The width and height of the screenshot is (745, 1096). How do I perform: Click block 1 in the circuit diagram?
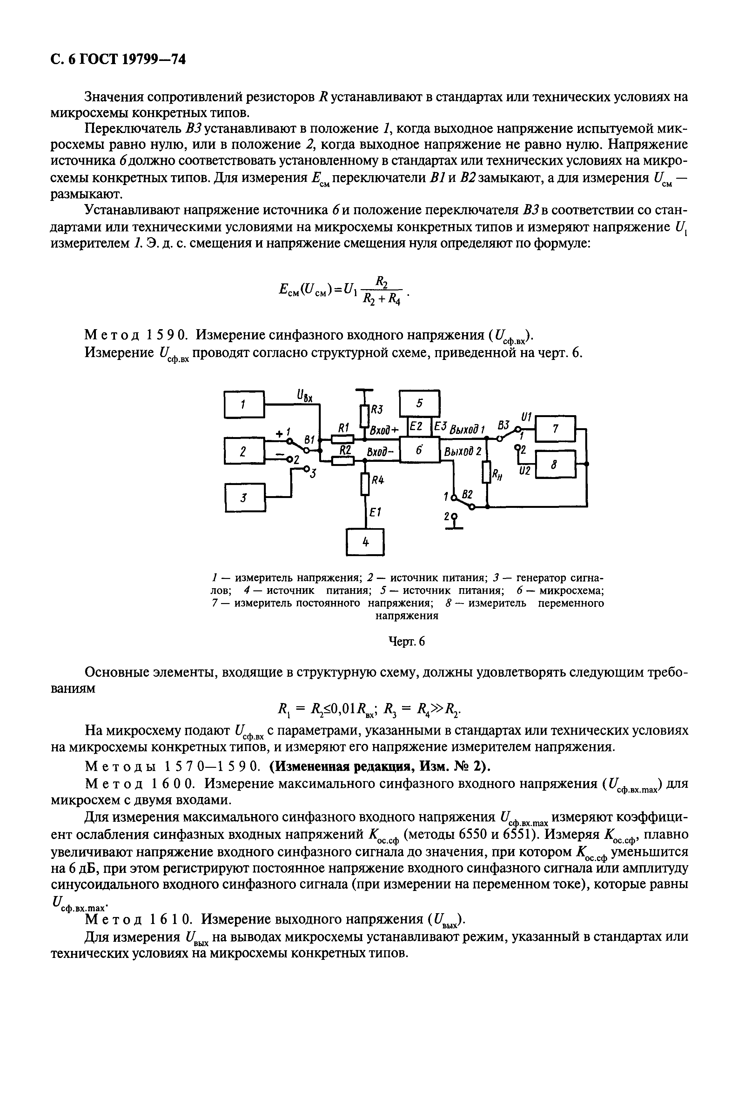click(244, 404)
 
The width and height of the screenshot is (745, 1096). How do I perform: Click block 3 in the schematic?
click(244, 498)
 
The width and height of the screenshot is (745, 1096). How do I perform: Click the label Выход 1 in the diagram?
click(467, 430)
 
